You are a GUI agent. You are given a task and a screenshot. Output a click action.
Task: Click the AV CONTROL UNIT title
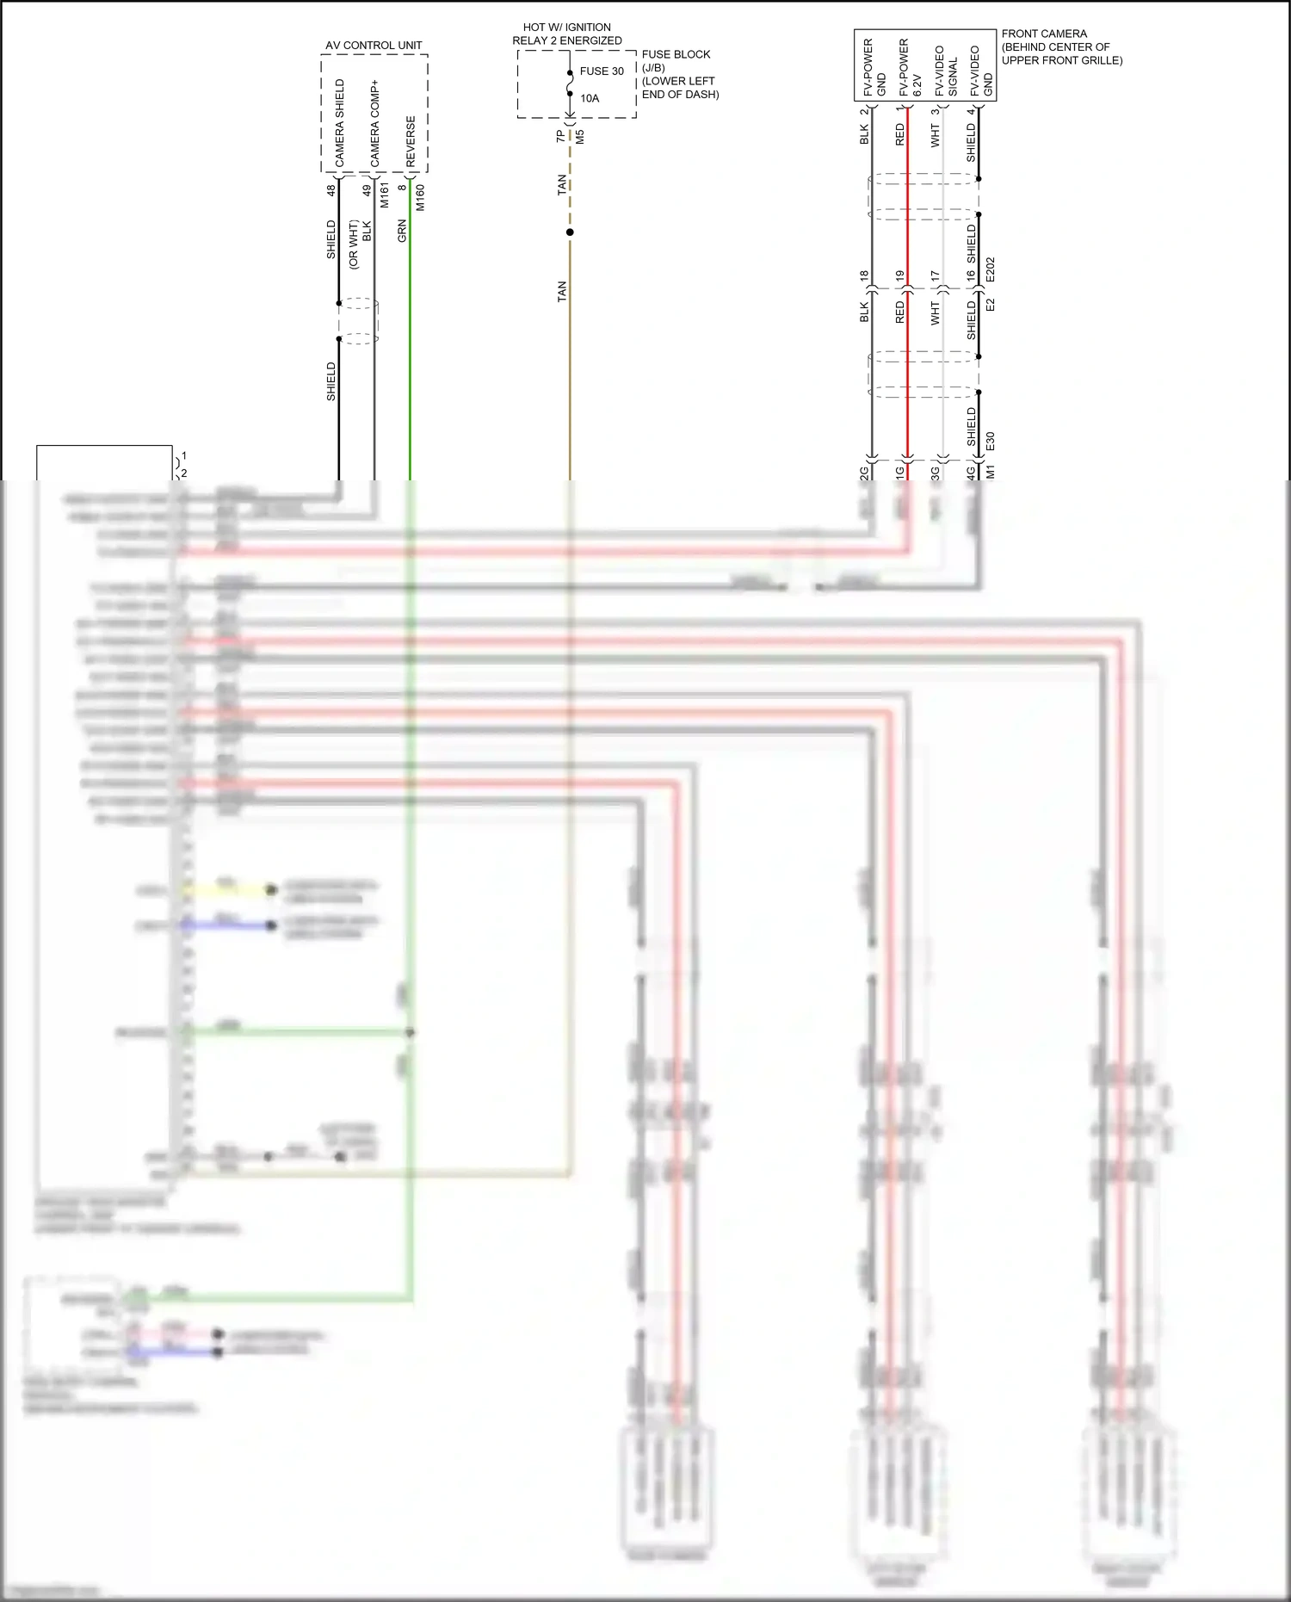[374, 45]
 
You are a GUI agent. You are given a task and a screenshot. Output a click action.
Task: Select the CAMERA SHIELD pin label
[339, 122]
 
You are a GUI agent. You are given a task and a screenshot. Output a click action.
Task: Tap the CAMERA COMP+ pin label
[374, 123]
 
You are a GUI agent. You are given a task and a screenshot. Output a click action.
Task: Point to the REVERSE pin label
[411, 141]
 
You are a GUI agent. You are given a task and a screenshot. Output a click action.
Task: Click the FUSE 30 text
[602, 71]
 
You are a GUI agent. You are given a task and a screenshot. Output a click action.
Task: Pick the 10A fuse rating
[590, 98]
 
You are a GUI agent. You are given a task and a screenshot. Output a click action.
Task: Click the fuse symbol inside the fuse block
[570, 84]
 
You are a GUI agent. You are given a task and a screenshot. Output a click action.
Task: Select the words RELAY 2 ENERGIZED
[567, 40]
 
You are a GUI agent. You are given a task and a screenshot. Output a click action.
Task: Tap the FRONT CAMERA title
[1044, 34]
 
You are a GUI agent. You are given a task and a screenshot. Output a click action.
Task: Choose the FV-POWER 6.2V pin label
[910, 67]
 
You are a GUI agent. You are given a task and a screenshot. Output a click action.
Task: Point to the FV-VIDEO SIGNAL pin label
[945, 71]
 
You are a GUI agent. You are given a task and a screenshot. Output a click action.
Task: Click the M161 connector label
[385, 195]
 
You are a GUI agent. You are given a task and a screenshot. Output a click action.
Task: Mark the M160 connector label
[420, 197]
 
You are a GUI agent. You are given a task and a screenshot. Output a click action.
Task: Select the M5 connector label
[580, 136]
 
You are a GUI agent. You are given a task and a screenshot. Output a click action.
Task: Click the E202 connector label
[990, 269]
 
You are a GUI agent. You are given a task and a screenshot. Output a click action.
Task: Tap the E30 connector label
[990, 442]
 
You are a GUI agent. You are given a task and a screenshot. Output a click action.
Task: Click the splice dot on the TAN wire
[570, 232]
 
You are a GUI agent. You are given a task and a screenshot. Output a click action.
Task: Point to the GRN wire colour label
[402, 231]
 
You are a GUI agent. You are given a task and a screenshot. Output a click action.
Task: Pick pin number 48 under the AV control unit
[330, 190]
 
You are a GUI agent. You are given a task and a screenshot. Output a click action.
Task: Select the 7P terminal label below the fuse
[561, 136]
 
